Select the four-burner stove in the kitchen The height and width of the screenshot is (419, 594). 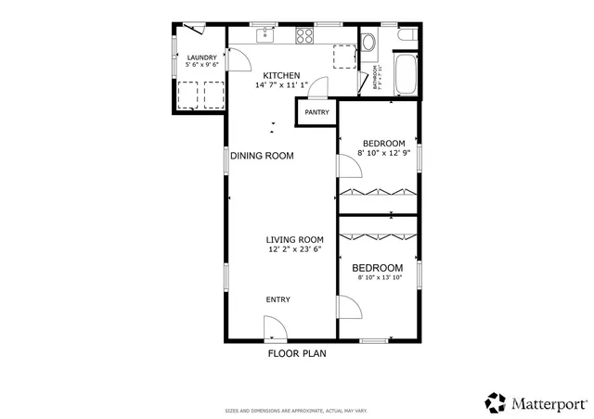(x=303, y=36)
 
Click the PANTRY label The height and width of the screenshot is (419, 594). (x=316, y=112)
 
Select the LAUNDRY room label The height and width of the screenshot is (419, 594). (x=200, y=57)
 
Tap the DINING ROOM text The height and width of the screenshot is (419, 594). (x=262, y=156)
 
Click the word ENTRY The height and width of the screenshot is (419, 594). (x=278, y=299)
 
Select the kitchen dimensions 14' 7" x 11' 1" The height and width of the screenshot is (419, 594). (x=281, y=85)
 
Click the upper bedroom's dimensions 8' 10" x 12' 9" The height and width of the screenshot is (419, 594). (x=383, y=154)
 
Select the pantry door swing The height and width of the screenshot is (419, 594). (x=317, y=89)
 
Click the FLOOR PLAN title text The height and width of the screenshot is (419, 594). (x=296, y=353)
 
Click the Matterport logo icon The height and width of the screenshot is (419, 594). (x=495, y=402)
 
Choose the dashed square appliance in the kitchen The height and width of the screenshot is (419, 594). (x=345, y=57)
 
